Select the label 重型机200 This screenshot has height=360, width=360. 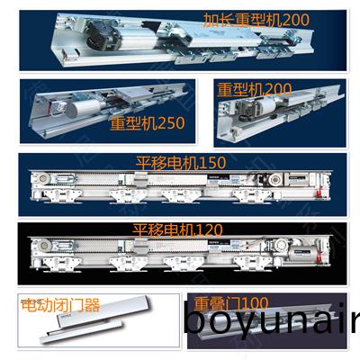(x=253, y=90)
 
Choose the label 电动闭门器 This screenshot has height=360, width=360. (x=59, y=303)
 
